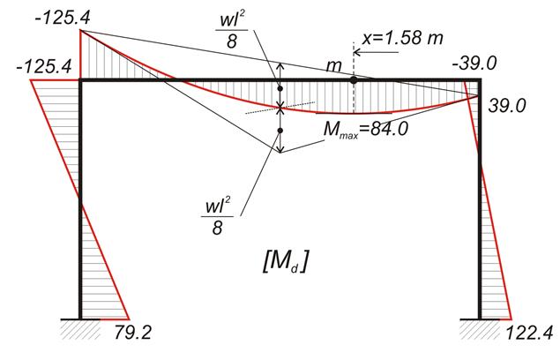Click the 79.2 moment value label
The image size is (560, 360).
pos(133,332)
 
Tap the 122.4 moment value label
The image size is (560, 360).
pos(530,333)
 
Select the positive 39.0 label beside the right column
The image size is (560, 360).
pos(507,106)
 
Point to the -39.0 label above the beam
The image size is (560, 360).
pos(474,64)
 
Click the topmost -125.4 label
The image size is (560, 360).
pos(63,18)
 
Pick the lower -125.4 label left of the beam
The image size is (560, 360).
pos(44,66)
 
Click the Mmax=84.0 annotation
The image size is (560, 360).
pos(365,129)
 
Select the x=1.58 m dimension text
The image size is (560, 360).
pos(402,37)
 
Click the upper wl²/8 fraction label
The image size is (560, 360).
pos(232,32)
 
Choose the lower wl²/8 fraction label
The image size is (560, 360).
pos(218,217)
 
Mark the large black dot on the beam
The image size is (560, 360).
pos(354,80)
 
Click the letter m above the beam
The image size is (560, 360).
pos(334,67)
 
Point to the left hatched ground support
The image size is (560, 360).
pos(80,329)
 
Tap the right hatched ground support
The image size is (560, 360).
pos(480,329)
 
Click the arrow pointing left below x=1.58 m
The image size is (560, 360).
pos(376,53)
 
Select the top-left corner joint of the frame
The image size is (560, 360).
pos(80,80)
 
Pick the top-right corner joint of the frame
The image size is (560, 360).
pos(479,80)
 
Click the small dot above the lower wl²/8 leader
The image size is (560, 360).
pos(280,131)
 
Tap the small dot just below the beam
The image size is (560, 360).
pos(280,88)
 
